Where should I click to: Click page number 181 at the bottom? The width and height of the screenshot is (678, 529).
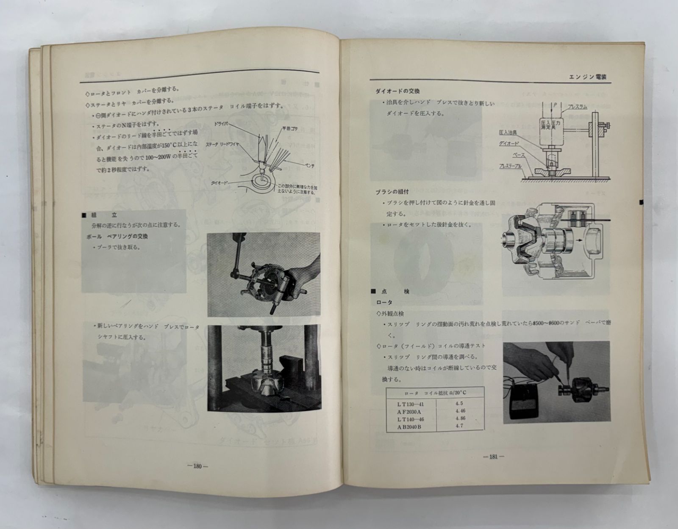click(493, 457)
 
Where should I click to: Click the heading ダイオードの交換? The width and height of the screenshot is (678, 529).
click(397, 91)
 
